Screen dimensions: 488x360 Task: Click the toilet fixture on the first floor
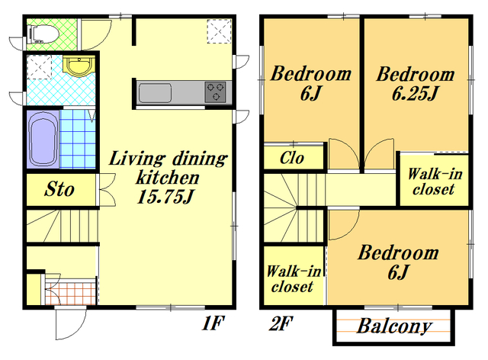click(43, 34)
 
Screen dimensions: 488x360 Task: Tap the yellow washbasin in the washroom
click(79, 66)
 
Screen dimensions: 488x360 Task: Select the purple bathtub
click(43, 140)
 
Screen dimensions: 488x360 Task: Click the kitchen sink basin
click(155, 93)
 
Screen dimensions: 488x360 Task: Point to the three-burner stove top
click(215, 92)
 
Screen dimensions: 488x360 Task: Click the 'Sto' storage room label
click(59, 189)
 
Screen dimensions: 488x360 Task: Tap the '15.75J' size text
click(165, 197)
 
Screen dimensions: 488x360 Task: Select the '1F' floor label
click(213, 323)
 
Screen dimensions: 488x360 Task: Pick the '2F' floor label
click(281, 323)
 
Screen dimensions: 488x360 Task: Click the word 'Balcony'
click(394, 326)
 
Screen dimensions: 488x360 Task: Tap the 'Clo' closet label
click(291, 158)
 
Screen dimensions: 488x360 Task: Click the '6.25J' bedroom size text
click(415, 93)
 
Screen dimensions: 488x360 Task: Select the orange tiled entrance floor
click(70, 293)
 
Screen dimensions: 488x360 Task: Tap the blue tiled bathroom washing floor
click(78, 140)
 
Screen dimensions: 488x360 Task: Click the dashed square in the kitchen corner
click(220, 31)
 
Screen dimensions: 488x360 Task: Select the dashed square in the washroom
click(39, 67)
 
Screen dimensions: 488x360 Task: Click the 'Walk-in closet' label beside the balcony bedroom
click(293, 279)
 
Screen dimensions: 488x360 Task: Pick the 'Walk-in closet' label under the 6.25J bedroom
click(435, 182)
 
